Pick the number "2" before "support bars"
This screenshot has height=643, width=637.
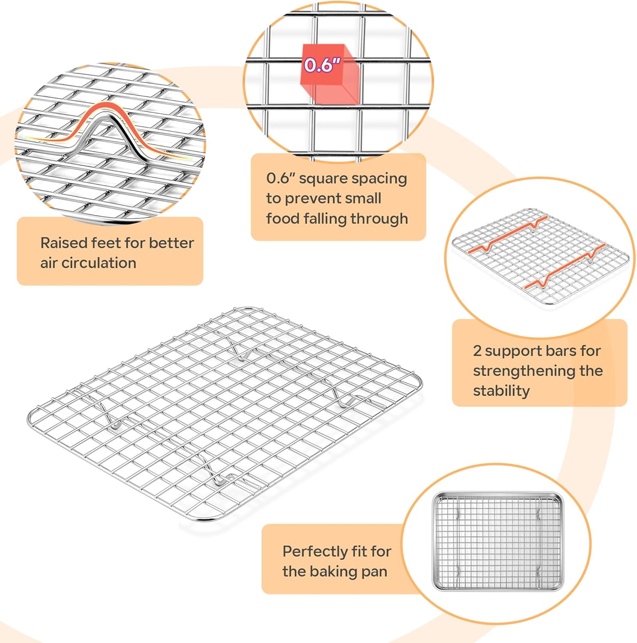(477, 351)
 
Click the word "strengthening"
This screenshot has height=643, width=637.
(524, 371)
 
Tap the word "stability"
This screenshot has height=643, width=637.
(502, 391)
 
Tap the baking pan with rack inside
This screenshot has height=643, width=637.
(498, 541)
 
